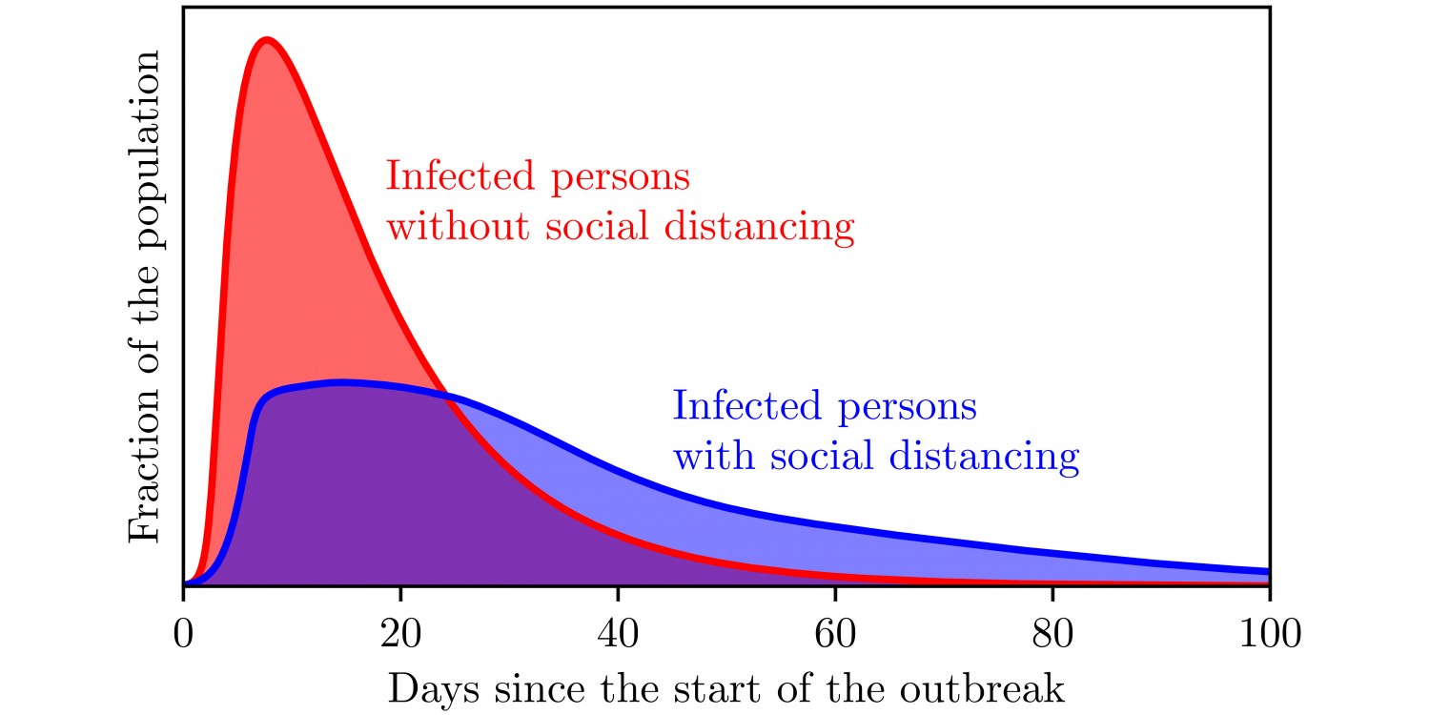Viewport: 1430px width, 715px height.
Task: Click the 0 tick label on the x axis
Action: (x=182, y=634)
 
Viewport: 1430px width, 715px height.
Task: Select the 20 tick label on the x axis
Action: (x=399, y=634)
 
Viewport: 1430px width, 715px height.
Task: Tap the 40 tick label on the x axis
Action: (x=617, y=634)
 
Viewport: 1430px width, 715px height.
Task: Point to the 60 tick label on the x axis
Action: (x=834, y=634)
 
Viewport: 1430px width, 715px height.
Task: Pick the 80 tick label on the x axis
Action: (x=1052, y=634)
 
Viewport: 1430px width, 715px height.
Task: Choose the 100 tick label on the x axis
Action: (x=1269, y=634)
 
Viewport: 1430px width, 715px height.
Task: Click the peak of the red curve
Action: (x=267, y=39)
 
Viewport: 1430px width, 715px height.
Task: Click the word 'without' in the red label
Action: (x=448, y=228)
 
